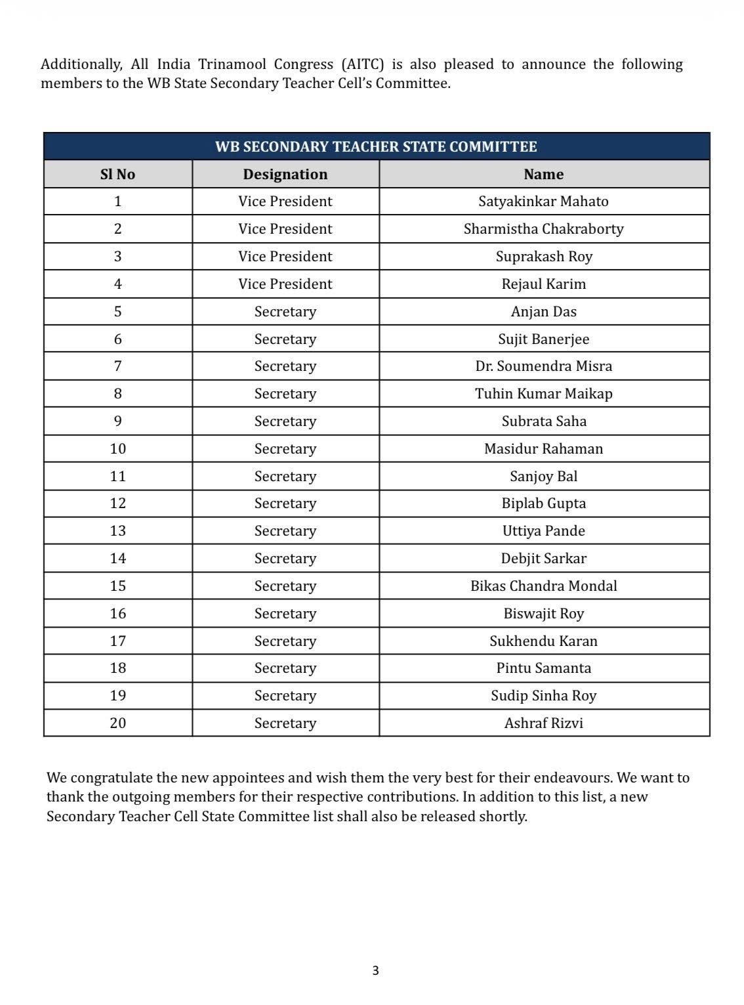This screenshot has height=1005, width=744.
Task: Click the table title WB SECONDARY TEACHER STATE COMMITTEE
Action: click(x=376, y=146)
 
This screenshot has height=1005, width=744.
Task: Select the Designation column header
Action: click(x=285, y=174)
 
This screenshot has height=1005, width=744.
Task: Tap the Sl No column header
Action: click(x=117, y=174)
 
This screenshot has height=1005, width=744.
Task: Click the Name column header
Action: click(x=543, y=174)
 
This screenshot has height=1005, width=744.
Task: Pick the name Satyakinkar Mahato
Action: click(x=543, y=202)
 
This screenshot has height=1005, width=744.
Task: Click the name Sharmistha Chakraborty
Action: click(x=543, y=229)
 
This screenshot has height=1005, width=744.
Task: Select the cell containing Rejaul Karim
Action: click(x=543, y=284)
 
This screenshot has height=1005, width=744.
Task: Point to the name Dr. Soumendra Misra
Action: click(x=543, y=366)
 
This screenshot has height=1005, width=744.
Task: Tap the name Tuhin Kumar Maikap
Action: click(x=543, y=394)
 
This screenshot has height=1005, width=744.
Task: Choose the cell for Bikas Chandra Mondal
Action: click(x=543, y=586)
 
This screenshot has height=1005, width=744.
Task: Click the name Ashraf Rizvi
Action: click(x=543, y=723)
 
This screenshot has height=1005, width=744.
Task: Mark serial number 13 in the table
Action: click(x=117, y=531)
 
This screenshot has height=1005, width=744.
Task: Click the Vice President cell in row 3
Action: click(x=285, y=257)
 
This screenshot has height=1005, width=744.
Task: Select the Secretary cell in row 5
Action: click(x=285, y=312)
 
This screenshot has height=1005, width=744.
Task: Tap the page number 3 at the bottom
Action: click(x=375, y=970)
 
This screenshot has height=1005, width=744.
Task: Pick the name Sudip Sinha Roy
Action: click(x=543, y=696)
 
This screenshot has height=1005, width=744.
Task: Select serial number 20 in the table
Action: click(x=117, y=723)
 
